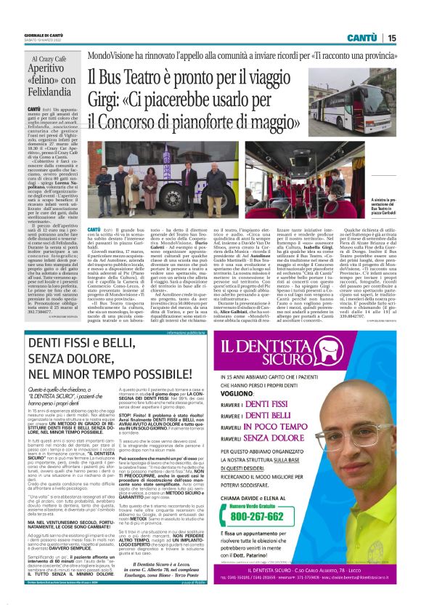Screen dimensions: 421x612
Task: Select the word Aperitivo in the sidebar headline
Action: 52,75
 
